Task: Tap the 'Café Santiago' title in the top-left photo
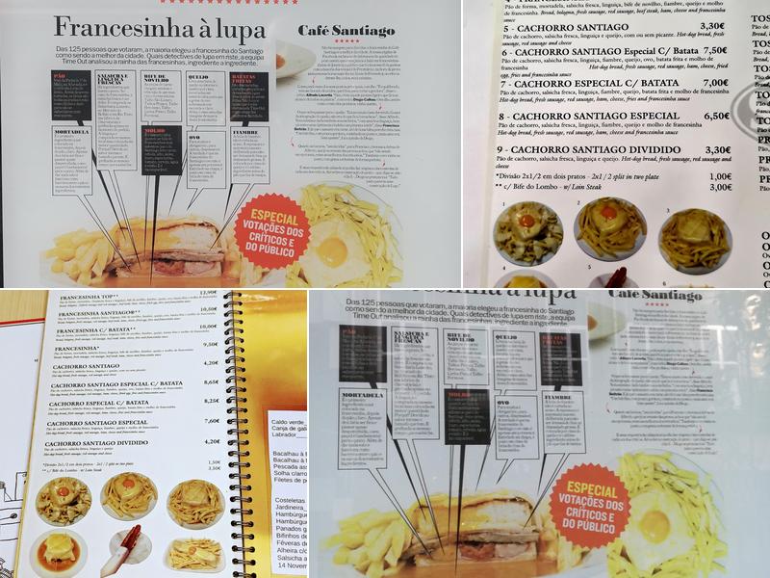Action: [346, 31]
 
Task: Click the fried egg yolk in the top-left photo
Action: [331, 257]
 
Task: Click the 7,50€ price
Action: [713, 50]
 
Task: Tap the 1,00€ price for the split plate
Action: [720, 176]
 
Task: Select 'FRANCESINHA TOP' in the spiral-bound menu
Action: [88, 297]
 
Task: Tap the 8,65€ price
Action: [211, 382]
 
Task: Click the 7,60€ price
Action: [211, 420]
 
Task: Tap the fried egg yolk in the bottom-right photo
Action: [655, 529]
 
